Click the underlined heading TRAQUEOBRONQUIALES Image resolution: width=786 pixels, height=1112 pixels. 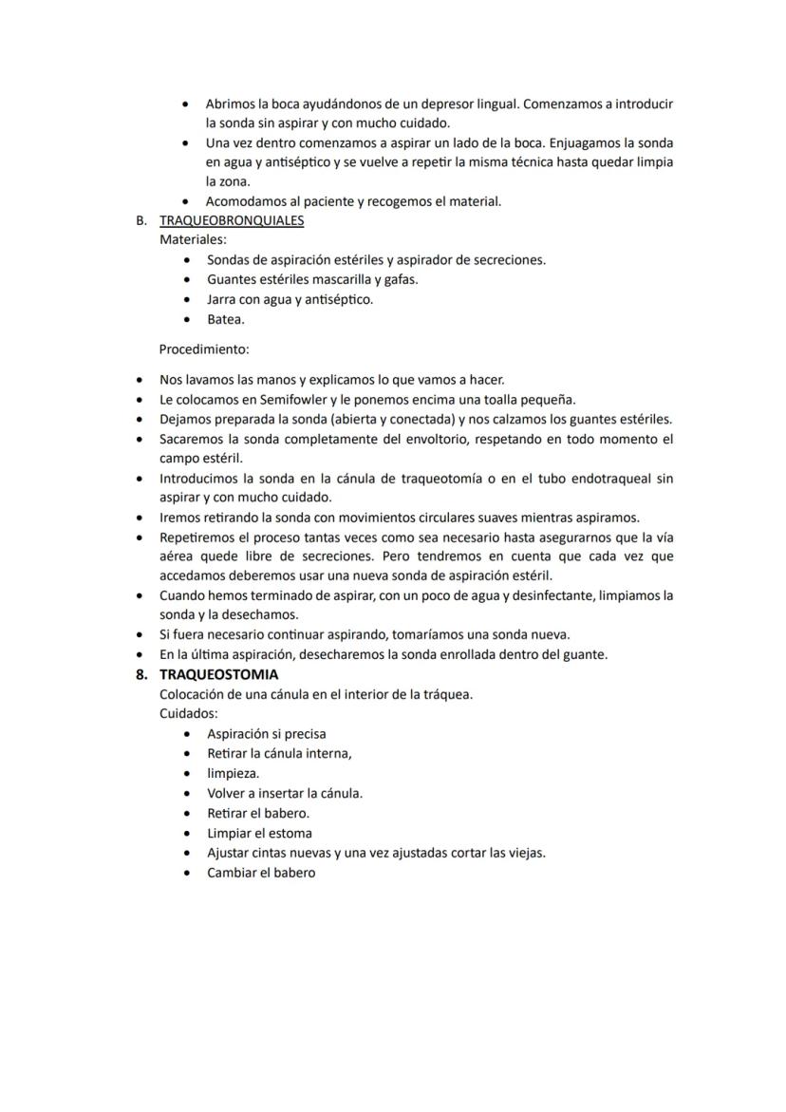232,220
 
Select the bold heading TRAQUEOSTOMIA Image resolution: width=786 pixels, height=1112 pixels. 218,674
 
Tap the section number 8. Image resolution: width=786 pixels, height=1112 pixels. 140,674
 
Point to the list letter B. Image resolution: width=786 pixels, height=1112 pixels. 141,220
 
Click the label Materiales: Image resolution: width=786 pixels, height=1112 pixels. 193,240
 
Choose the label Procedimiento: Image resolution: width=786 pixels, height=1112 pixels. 204,349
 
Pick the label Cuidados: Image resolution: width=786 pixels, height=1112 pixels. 189,713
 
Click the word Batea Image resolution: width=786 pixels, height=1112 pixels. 226,319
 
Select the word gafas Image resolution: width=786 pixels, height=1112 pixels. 399,279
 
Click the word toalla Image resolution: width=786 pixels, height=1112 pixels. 506,399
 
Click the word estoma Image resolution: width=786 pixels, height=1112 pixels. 290,833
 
